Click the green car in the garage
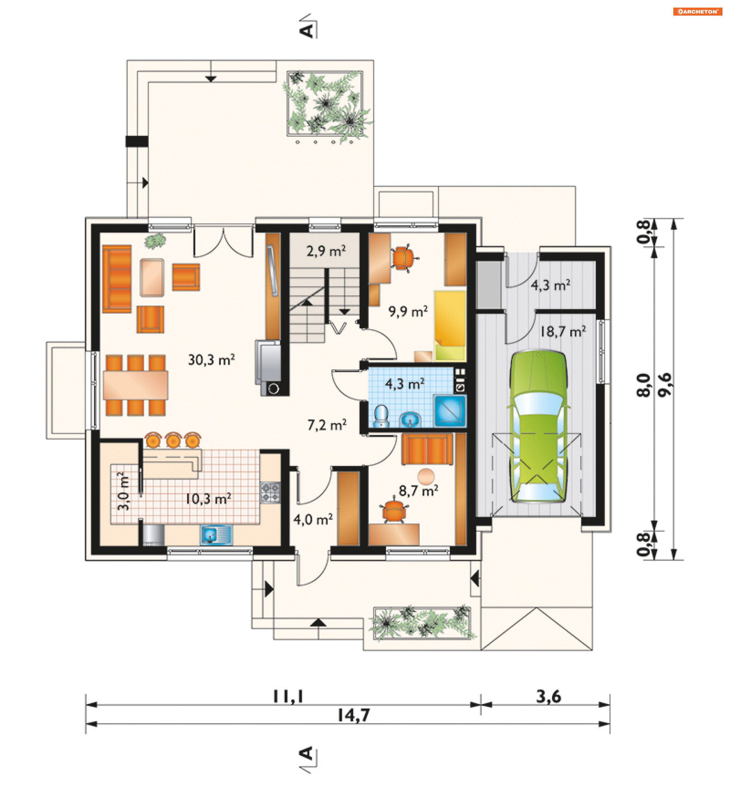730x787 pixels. (x=538, y=426)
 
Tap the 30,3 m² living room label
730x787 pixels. (x=211, y=360)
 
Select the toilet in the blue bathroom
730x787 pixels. (x=381, y=416)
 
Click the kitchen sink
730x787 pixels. (x=216, y=535)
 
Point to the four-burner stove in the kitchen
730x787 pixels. (x=270, y=492)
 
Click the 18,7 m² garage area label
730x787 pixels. (x=563, y=331)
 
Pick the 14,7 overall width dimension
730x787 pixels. (x=354, y=715)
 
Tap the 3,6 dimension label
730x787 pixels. (x=548, y=697)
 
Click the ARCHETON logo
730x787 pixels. (x=698, y=11)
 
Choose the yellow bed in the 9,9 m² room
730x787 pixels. (x=450, y=326)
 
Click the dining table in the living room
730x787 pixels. (x=135, y=385)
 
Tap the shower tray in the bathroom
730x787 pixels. (x=450, y=410)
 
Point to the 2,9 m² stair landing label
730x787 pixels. (x=326, y=251)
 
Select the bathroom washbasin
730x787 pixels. (x=410, y=420)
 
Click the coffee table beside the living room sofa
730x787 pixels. (x=152, y=278)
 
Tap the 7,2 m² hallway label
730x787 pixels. (x=327, y=425)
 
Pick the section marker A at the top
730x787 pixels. (x=306, y=30)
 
